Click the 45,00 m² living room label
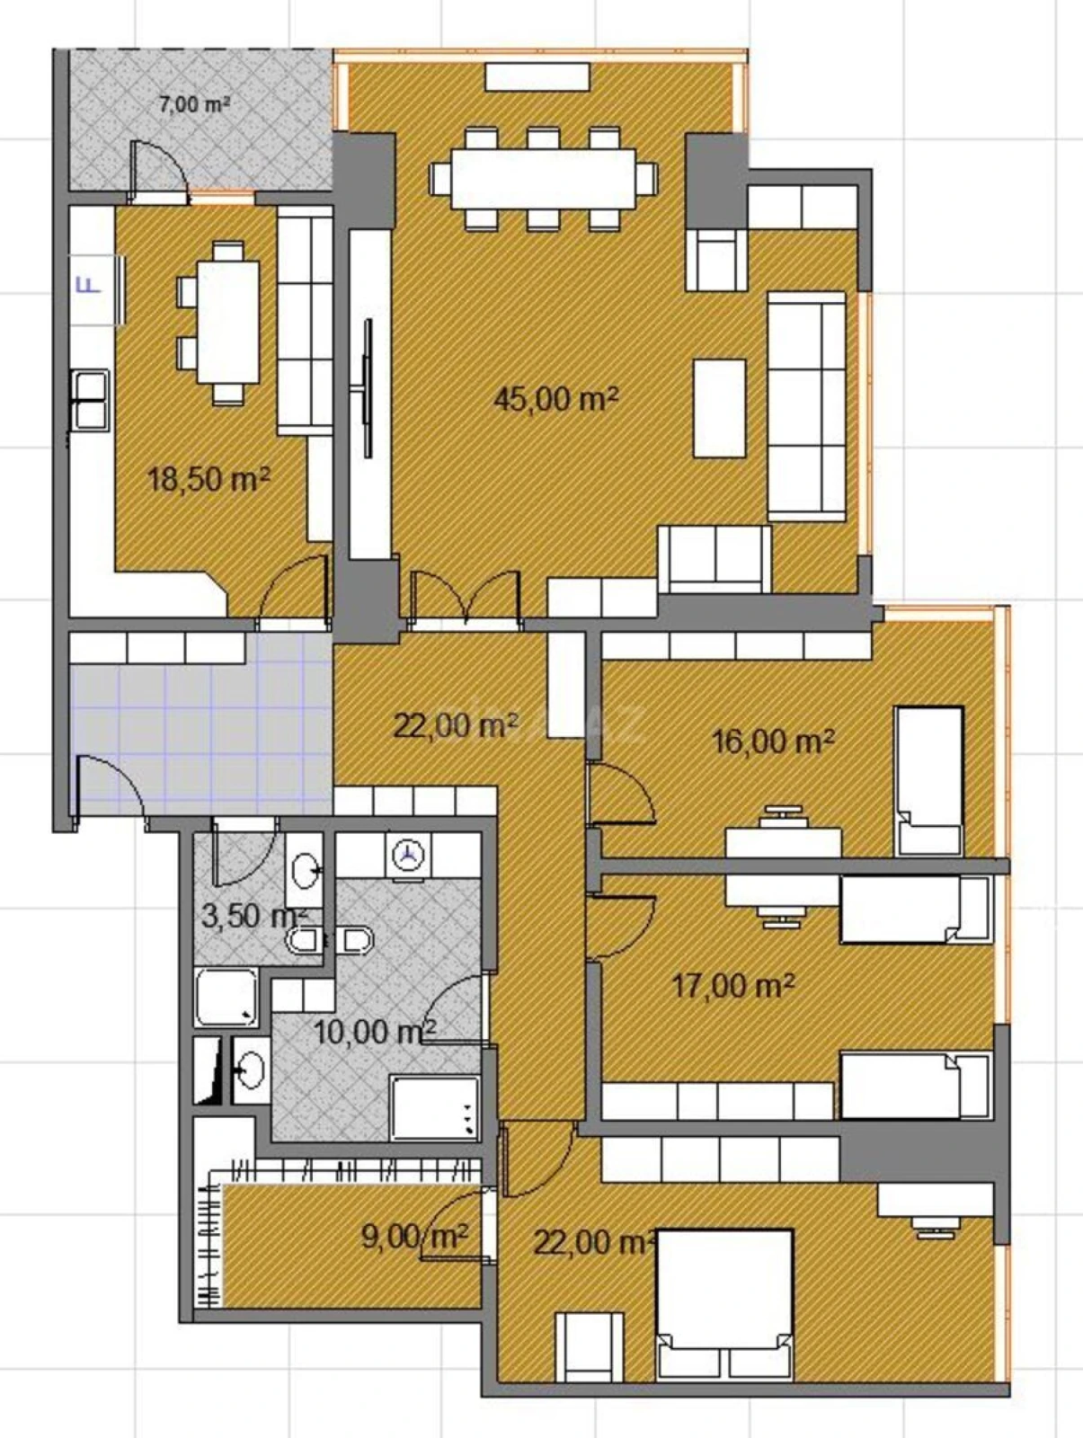[555, 398]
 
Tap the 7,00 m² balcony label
[194, 104]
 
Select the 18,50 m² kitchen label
[209, 478]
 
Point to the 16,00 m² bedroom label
[773, 741]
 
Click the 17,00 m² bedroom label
[732, 986]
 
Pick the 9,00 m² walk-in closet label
[414, 1237]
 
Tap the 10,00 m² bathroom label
[374, 1031]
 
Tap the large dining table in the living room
[542, 178]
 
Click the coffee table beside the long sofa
[719, 408]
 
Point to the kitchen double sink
[90, 399]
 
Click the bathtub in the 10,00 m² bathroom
[435, 1106]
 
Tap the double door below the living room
[466, 598]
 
